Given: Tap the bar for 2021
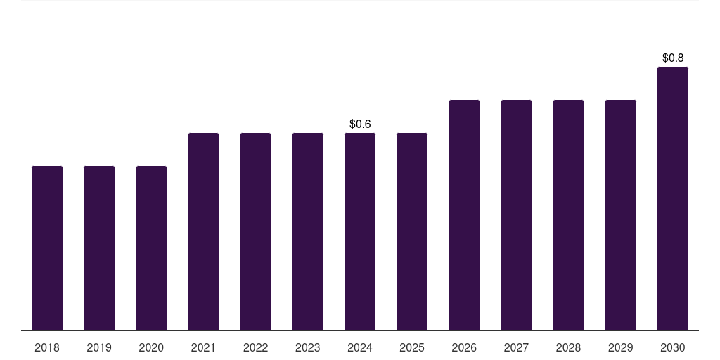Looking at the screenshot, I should [x=203, y=232].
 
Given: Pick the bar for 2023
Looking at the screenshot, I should [x=308, y=232].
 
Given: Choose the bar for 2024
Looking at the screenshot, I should [x=360, y=232].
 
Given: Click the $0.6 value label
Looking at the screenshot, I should [x=360, y=124].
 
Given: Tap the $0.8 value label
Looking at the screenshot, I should [x=673, y=58].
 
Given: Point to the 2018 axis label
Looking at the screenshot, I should [x=47, y=348].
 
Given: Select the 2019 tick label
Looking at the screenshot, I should [x=99, y=348].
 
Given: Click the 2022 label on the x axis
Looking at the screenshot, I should [x=256, y=348].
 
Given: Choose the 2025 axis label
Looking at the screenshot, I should [x=412, y=348].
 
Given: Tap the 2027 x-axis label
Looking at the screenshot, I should [x=516, y=348].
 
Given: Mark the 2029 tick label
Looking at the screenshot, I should [x=621, y=348].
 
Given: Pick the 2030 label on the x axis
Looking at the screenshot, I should [x=673, y=348].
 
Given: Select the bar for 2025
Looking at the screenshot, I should [x=412, y=232].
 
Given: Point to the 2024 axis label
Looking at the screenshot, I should [x=360, y=348].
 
